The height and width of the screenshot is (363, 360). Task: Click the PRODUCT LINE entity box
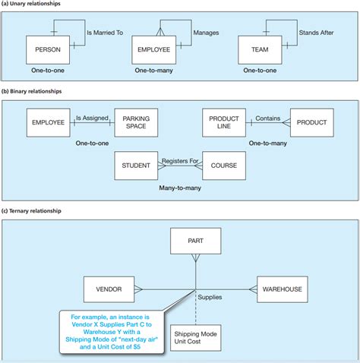point(224,122)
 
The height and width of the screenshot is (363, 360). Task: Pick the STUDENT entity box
point(136,166)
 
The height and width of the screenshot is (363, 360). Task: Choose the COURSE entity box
point(223,166)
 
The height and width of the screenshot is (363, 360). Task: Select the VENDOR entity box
point(109,289)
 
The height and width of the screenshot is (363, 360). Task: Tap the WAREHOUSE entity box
point(282,289)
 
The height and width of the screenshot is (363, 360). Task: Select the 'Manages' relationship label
point(206,33)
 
